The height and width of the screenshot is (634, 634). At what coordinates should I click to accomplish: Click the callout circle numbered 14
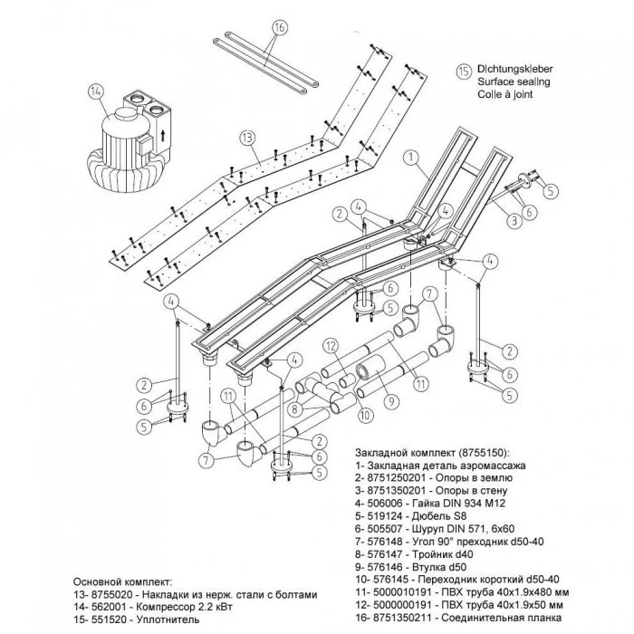pos(97,91)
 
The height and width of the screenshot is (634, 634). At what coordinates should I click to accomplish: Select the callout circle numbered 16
pos(278,28)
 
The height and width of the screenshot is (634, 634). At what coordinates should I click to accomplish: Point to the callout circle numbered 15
pos(463,70)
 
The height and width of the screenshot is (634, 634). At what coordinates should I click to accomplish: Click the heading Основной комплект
pos(120,581)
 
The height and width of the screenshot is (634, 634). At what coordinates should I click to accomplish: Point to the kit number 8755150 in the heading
pos(476,450)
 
